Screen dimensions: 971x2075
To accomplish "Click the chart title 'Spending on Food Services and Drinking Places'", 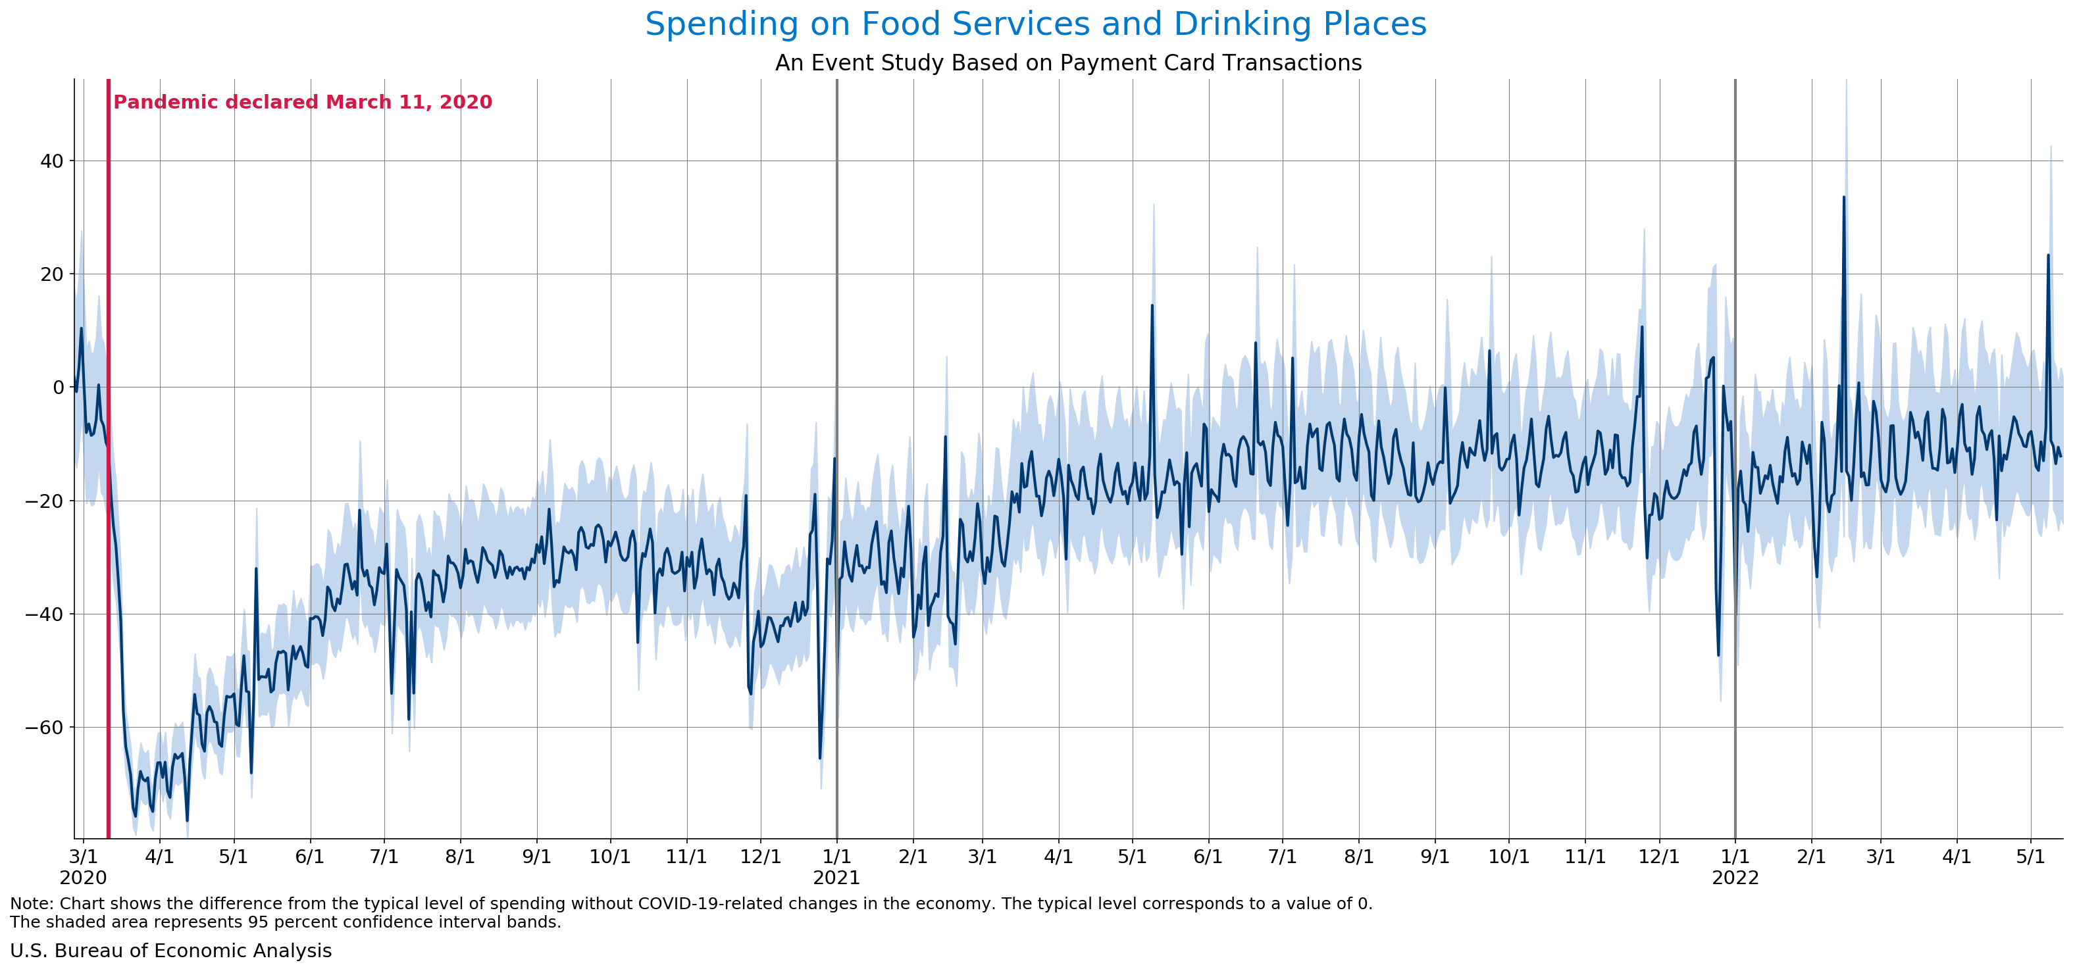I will pos(1035,24).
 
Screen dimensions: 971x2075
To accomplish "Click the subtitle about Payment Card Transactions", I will pos(1068,62).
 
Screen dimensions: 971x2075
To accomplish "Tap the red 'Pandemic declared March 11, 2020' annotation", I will pos(302,102).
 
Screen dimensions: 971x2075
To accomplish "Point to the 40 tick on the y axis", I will pos(51,161).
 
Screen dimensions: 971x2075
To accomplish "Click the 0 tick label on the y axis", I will pos(58,387).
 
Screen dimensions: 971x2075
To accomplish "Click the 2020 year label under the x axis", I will pos(83,878).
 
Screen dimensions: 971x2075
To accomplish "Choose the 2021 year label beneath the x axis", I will pos(836,878).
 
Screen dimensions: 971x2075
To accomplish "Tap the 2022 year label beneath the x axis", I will pos(1735,878).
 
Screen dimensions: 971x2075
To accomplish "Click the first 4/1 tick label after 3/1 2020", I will pos(159,857).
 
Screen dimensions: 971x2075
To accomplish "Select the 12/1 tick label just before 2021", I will pos(760,857).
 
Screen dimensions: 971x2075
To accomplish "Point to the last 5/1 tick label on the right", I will pos(2030,857).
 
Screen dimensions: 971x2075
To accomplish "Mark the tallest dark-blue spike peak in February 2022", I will pos(1844,197).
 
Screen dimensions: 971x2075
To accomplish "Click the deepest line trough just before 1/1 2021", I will pos(820,758).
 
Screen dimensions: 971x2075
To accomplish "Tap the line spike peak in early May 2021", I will pos(1152,305).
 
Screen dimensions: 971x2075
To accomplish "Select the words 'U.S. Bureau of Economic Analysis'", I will pos(170,951).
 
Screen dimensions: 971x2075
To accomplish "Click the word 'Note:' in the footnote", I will pos(32,903).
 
